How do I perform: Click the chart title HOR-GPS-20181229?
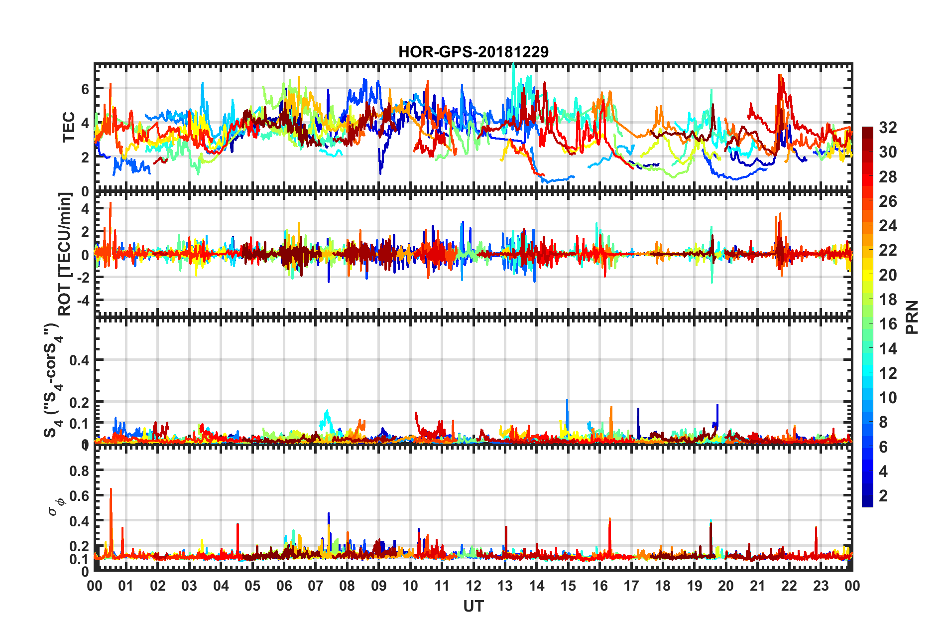pyautogui.click(x=473, y=52)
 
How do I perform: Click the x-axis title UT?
pyautogui.click(x=473, y=606)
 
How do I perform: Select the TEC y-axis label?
pyautogui.click(x=68, y=127)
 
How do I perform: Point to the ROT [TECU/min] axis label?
pyautogui.click(x=65, y=254)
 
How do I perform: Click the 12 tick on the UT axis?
pyautogui.click(x=473, y=586)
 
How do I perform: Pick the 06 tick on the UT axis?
pyautogui.click(x=284, y=586)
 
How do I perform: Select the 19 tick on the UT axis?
pyautogui.click(x=695, y=586)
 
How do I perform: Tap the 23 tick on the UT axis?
pyautogui.click(x=821, y=586)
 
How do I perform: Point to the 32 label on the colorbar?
pyautogui.click(x=888, y=128)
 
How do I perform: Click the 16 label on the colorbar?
pyautogui.click(x=888, y=324)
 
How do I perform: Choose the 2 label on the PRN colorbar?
pyautogui.click(x=884, y=495)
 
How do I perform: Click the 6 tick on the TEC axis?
pyautogui.click(x=85, y=89)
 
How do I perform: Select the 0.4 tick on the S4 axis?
pyautogui.click(x=79, y=360)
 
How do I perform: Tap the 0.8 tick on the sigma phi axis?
pyautogui.click(x=79, y=471)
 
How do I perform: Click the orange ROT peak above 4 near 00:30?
pyautogui.click(x=111, y=204)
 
